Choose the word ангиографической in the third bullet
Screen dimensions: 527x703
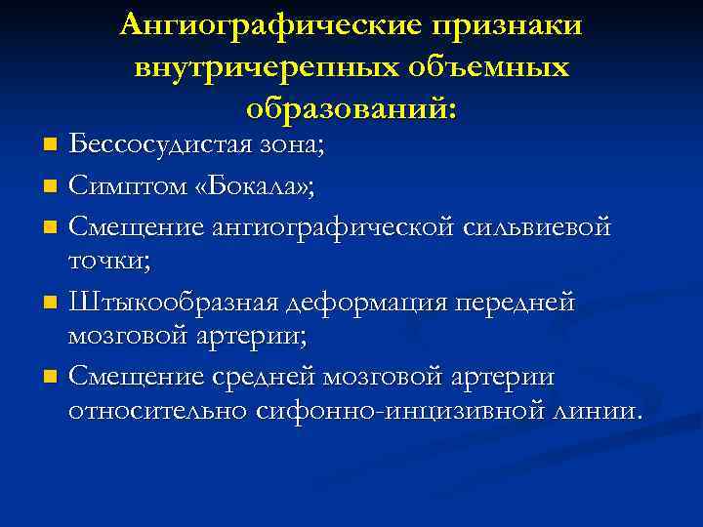[x=338, y=227]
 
